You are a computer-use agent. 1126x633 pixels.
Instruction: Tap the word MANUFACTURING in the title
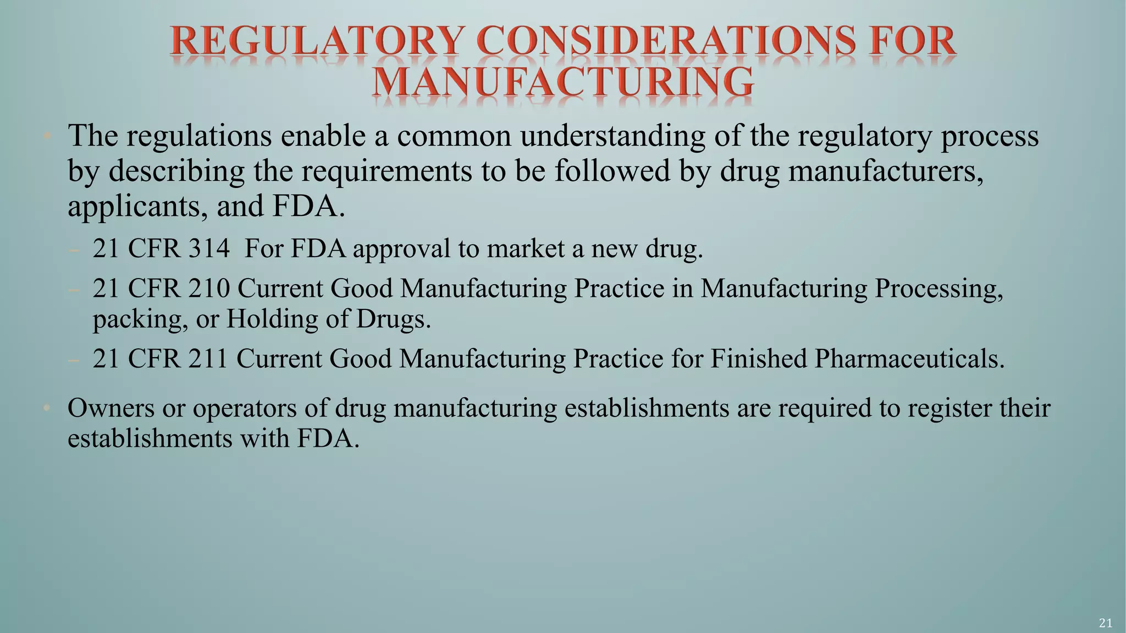(x=563, y=83)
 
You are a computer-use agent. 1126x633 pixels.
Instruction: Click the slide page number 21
(x=1106, y=623)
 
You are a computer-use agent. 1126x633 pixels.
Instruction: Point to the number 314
(x=209, y=248)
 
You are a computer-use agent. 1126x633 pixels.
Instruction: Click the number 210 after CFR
(x=209, y=288)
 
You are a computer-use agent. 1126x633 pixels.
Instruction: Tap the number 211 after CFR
(x=208, y=359)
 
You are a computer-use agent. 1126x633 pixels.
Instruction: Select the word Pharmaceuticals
(x=909, y=359)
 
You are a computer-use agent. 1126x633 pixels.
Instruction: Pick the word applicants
(x=134, y=207)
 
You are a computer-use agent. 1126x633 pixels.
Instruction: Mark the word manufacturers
(x=886, y=171)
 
